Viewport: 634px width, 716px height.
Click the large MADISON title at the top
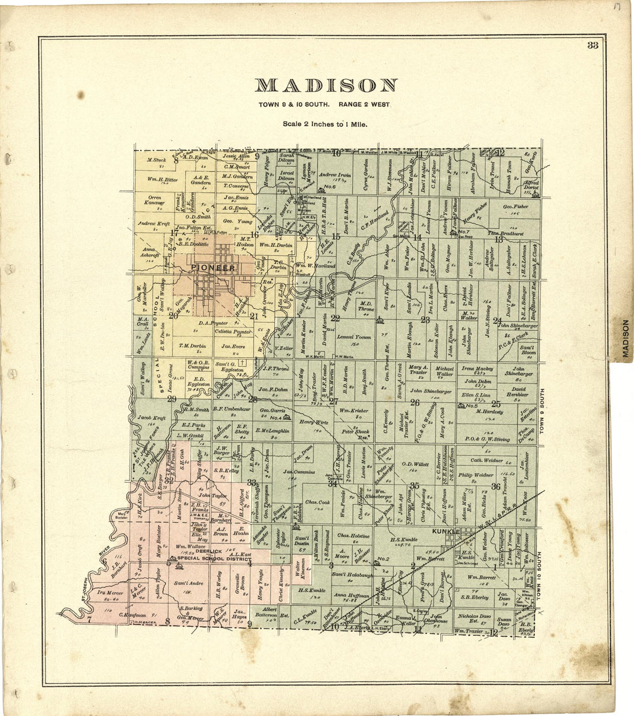(x=326, y=85)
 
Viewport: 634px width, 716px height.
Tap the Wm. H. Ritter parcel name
(x=162, y=179)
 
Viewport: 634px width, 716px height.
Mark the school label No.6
(x=330, y=187)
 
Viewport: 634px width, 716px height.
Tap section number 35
(x=414, y=485)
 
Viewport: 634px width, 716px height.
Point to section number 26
(x=414, y=402)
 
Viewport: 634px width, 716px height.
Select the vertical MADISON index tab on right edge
(x=625, y=340)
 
